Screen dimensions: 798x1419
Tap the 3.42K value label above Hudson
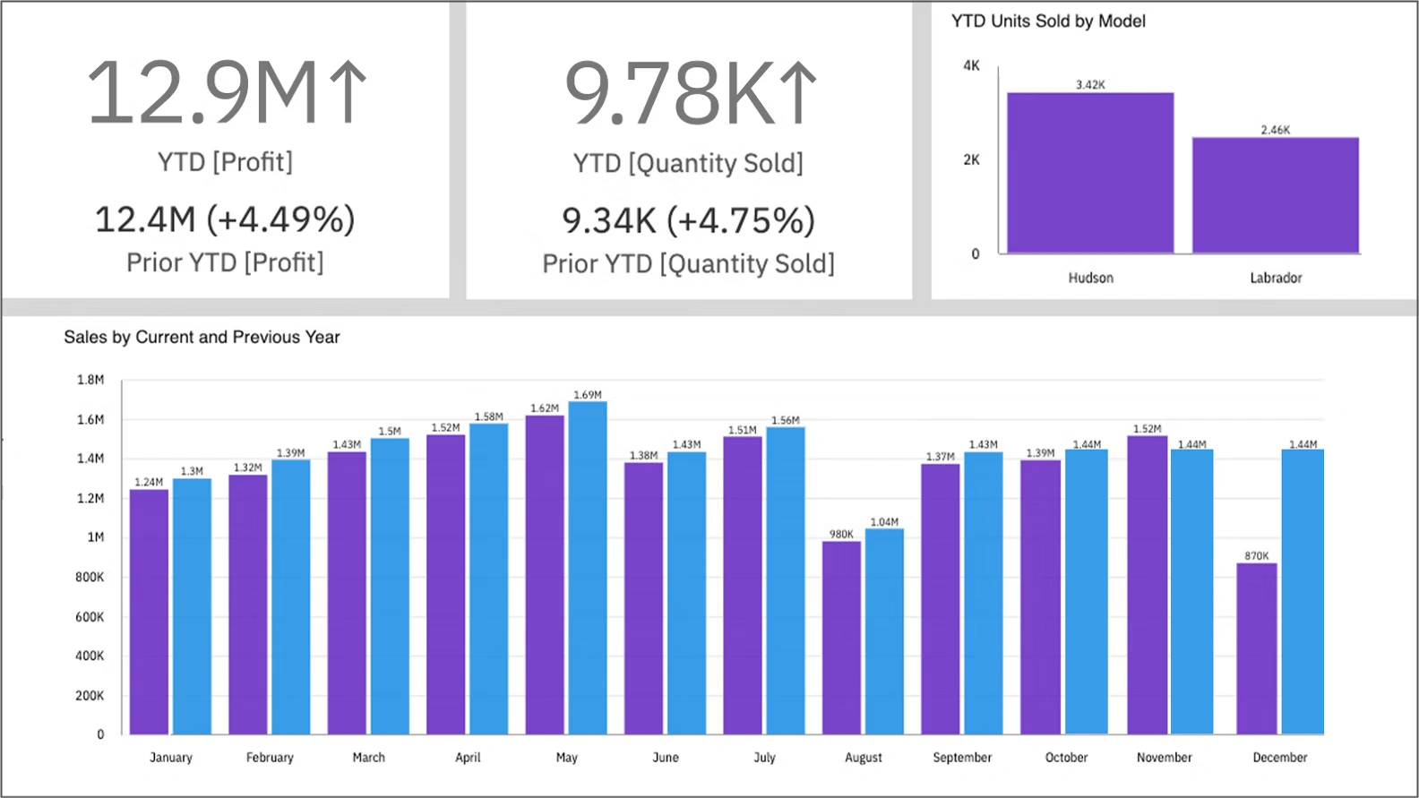(x=1090, y=85)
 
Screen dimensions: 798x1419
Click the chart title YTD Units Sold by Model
(x=1048, y=21)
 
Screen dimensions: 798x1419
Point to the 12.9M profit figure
(x=202, y=92)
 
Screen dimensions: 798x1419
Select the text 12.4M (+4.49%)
(x=225, y=219)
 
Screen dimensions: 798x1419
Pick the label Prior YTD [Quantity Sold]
(x=688, y=264)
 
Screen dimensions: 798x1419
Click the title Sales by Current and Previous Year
(x=202, y=338)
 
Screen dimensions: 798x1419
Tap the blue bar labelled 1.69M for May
(x=588, y=568)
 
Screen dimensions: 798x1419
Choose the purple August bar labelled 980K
(x=841, y=638)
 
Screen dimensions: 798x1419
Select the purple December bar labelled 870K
(x=1256, y=648)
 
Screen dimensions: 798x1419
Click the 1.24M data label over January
(x=149, y=483)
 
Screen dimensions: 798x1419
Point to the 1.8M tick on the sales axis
(x=90, y=380)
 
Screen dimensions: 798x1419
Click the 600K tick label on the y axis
(x=90, y=617)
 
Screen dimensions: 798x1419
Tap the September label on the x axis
(x=962, y=758)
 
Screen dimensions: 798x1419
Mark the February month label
(x=270, y=758)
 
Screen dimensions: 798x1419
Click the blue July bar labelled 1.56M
(x=786, y=580)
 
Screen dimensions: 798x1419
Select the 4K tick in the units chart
(x=971, y=65)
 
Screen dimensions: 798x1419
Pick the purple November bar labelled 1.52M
(x=1147, y=585)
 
